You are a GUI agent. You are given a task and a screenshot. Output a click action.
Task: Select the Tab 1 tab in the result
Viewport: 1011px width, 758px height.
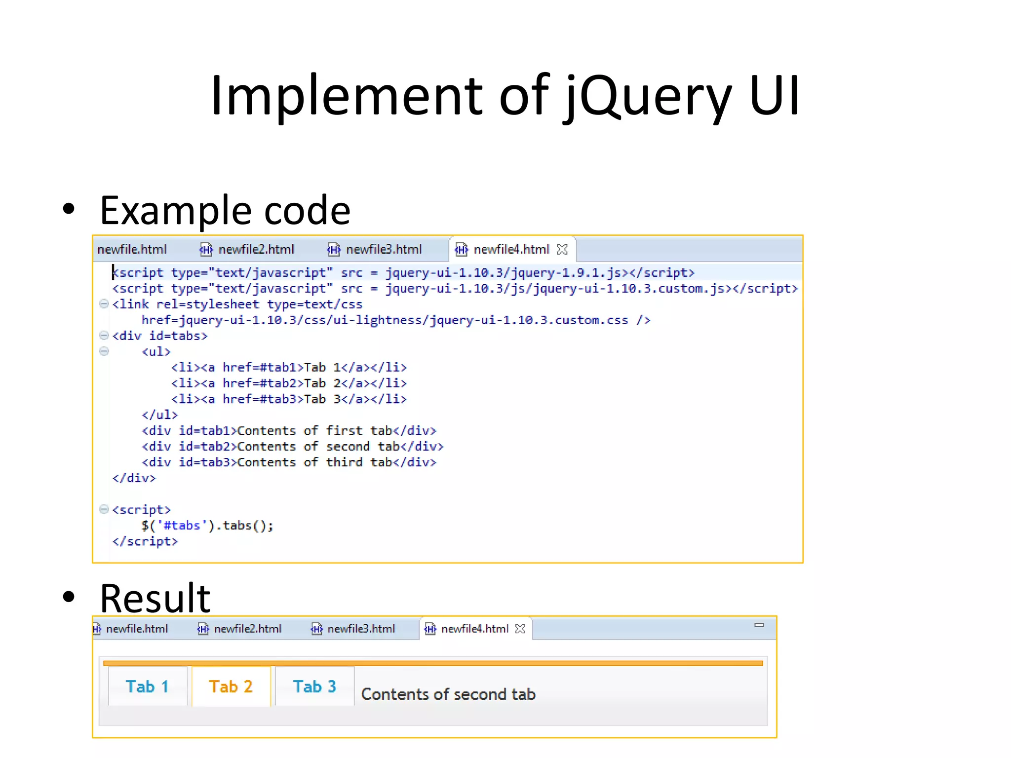point(147,686)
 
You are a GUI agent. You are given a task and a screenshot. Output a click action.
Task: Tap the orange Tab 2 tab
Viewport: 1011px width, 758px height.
point(231,686)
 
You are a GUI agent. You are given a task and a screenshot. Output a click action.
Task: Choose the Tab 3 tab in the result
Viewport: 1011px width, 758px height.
point(314,686)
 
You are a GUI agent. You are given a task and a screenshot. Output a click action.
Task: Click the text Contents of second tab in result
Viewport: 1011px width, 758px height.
point(448,694)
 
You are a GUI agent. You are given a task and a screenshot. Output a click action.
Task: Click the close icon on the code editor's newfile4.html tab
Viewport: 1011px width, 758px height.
point(562,249)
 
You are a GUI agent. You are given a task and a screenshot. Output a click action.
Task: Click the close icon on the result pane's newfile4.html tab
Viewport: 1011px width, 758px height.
point(520,629)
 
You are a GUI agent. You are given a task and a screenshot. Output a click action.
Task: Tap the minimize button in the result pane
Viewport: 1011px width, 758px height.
point(759,625)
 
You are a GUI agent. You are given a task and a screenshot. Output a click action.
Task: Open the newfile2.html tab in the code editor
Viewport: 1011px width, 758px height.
point(256,249)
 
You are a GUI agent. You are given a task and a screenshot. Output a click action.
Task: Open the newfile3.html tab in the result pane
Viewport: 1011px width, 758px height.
point(361,629)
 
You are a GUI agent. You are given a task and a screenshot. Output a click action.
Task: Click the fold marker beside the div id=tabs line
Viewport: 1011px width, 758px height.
point(104,336)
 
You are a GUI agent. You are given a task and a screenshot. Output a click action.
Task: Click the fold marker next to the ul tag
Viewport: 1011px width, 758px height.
point(104,351)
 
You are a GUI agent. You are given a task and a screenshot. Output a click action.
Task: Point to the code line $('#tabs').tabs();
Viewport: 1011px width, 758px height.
point(207,526)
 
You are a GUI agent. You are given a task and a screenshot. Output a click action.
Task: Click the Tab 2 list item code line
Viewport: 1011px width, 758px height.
point(289,383)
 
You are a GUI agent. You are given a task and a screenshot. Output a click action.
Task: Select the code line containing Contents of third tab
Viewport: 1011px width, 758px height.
point(289,462)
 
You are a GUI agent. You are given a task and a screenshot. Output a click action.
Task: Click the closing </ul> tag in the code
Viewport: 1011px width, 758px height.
point(159,415)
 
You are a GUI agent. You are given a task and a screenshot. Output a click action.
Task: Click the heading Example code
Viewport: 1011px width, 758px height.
point(225,210)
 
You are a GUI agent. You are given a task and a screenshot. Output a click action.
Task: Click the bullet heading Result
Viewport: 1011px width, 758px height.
point(155,598)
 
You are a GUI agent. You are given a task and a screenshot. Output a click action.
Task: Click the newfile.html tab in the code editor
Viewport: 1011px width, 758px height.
point(132,249)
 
